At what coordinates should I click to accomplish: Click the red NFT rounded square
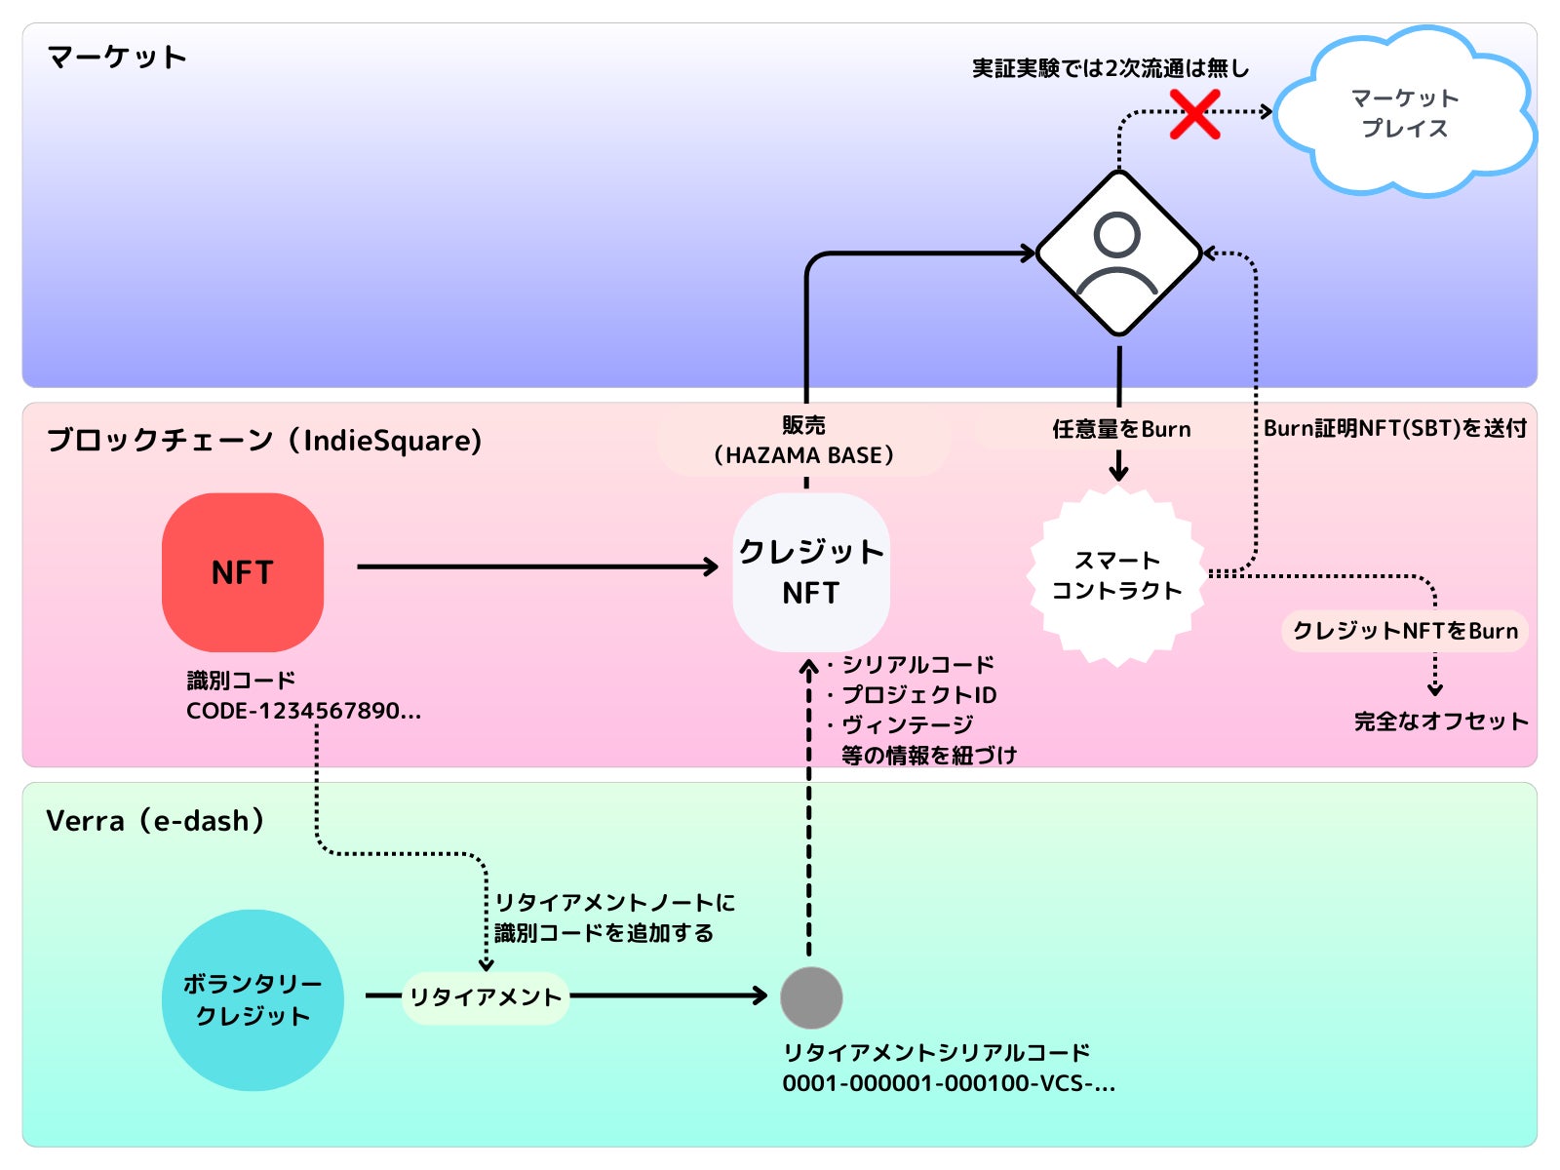pyautogui.click(x=243, y=572)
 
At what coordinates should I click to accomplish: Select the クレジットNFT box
pyautogui.click(x=811, y=572)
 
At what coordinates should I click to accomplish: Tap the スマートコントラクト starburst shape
pyautogui.click(x=1117, y=575)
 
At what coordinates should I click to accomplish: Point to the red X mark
pyautogui.click(x=1195, y=114)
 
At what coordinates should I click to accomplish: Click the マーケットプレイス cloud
pyautogui.click(x=1405, y=113)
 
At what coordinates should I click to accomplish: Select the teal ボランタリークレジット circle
pyautogui.click(x=253, y=1000)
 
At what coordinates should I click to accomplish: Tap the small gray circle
pyautogui.click(x=811, y=997)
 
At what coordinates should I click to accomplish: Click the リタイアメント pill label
pyautogui.click(x=485, y=997)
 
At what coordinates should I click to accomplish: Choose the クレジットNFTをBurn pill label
pyautogui.click(x=1405, y=631)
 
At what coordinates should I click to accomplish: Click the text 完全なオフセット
pyautogui.click(x=1440, y=721)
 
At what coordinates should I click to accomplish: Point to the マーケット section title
pyautogui.click(x=117, y=58)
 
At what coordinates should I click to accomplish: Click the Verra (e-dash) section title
pyautogui.click(x=155, y=821)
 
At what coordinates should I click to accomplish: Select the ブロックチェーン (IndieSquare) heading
pyautogui.click(x=264, y=441)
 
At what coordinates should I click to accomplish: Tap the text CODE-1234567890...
pyautogui.click(x=303, y=711)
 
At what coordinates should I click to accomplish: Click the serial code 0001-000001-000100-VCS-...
pyautogui.click(x=948, y=1083)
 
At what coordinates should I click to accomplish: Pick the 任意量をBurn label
pyautogui.click(x=1121, y=429)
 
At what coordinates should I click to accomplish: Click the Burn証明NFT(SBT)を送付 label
pyautogui.click(x=1395, y=428)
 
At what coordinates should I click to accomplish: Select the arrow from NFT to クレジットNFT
pyautogui.click(x=536, y=566)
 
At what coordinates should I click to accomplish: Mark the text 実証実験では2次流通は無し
pyautogui.click(x=1111, y=68)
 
